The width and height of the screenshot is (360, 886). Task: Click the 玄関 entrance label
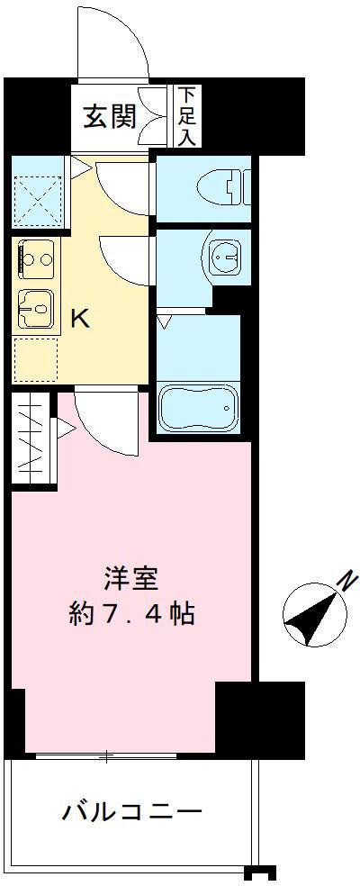pos(110,117)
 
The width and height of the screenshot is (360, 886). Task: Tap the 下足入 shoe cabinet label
pos(187,115)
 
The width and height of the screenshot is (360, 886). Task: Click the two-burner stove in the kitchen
pos(36,259)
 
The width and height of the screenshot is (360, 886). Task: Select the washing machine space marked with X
pos(35,194)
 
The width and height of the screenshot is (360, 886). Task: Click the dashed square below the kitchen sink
pos(36,357)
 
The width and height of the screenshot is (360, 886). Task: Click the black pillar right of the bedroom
pos(258,716)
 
